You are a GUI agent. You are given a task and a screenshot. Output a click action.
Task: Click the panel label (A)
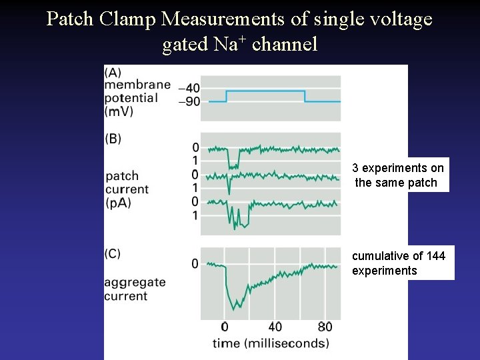click(x=113, y=72)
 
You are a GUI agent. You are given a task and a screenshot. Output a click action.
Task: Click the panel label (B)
click(x=113, y=139)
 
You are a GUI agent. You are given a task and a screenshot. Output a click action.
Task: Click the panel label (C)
click(x=113, y=253)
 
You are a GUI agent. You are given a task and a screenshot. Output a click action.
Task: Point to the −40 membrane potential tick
click(x=190, y=88)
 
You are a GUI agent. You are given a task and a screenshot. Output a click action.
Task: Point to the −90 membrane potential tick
click(x=190, y=102)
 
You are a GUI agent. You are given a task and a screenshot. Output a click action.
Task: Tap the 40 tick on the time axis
click(x=275, y=327)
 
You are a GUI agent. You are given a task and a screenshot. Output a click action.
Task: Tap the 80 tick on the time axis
click(x=325, y=327)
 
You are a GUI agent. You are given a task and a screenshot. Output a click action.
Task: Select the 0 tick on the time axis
click(x=224, y=327)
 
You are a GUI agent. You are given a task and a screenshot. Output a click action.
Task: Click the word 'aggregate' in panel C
click(x=135, y=283)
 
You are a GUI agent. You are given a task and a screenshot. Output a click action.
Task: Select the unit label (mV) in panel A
click(x=119, y=111)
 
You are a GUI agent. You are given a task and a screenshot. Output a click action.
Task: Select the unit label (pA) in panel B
click(x=118, y=203)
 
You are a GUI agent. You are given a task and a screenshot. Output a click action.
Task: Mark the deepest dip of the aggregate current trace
click(x=234, y=309)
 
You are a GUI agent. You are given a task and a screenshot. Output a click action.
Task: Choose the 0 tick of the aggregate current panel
click(x=195, y=264)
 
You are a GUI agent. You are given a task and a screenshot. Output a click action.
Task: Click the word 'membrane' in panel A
click(x=137, y=85)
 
